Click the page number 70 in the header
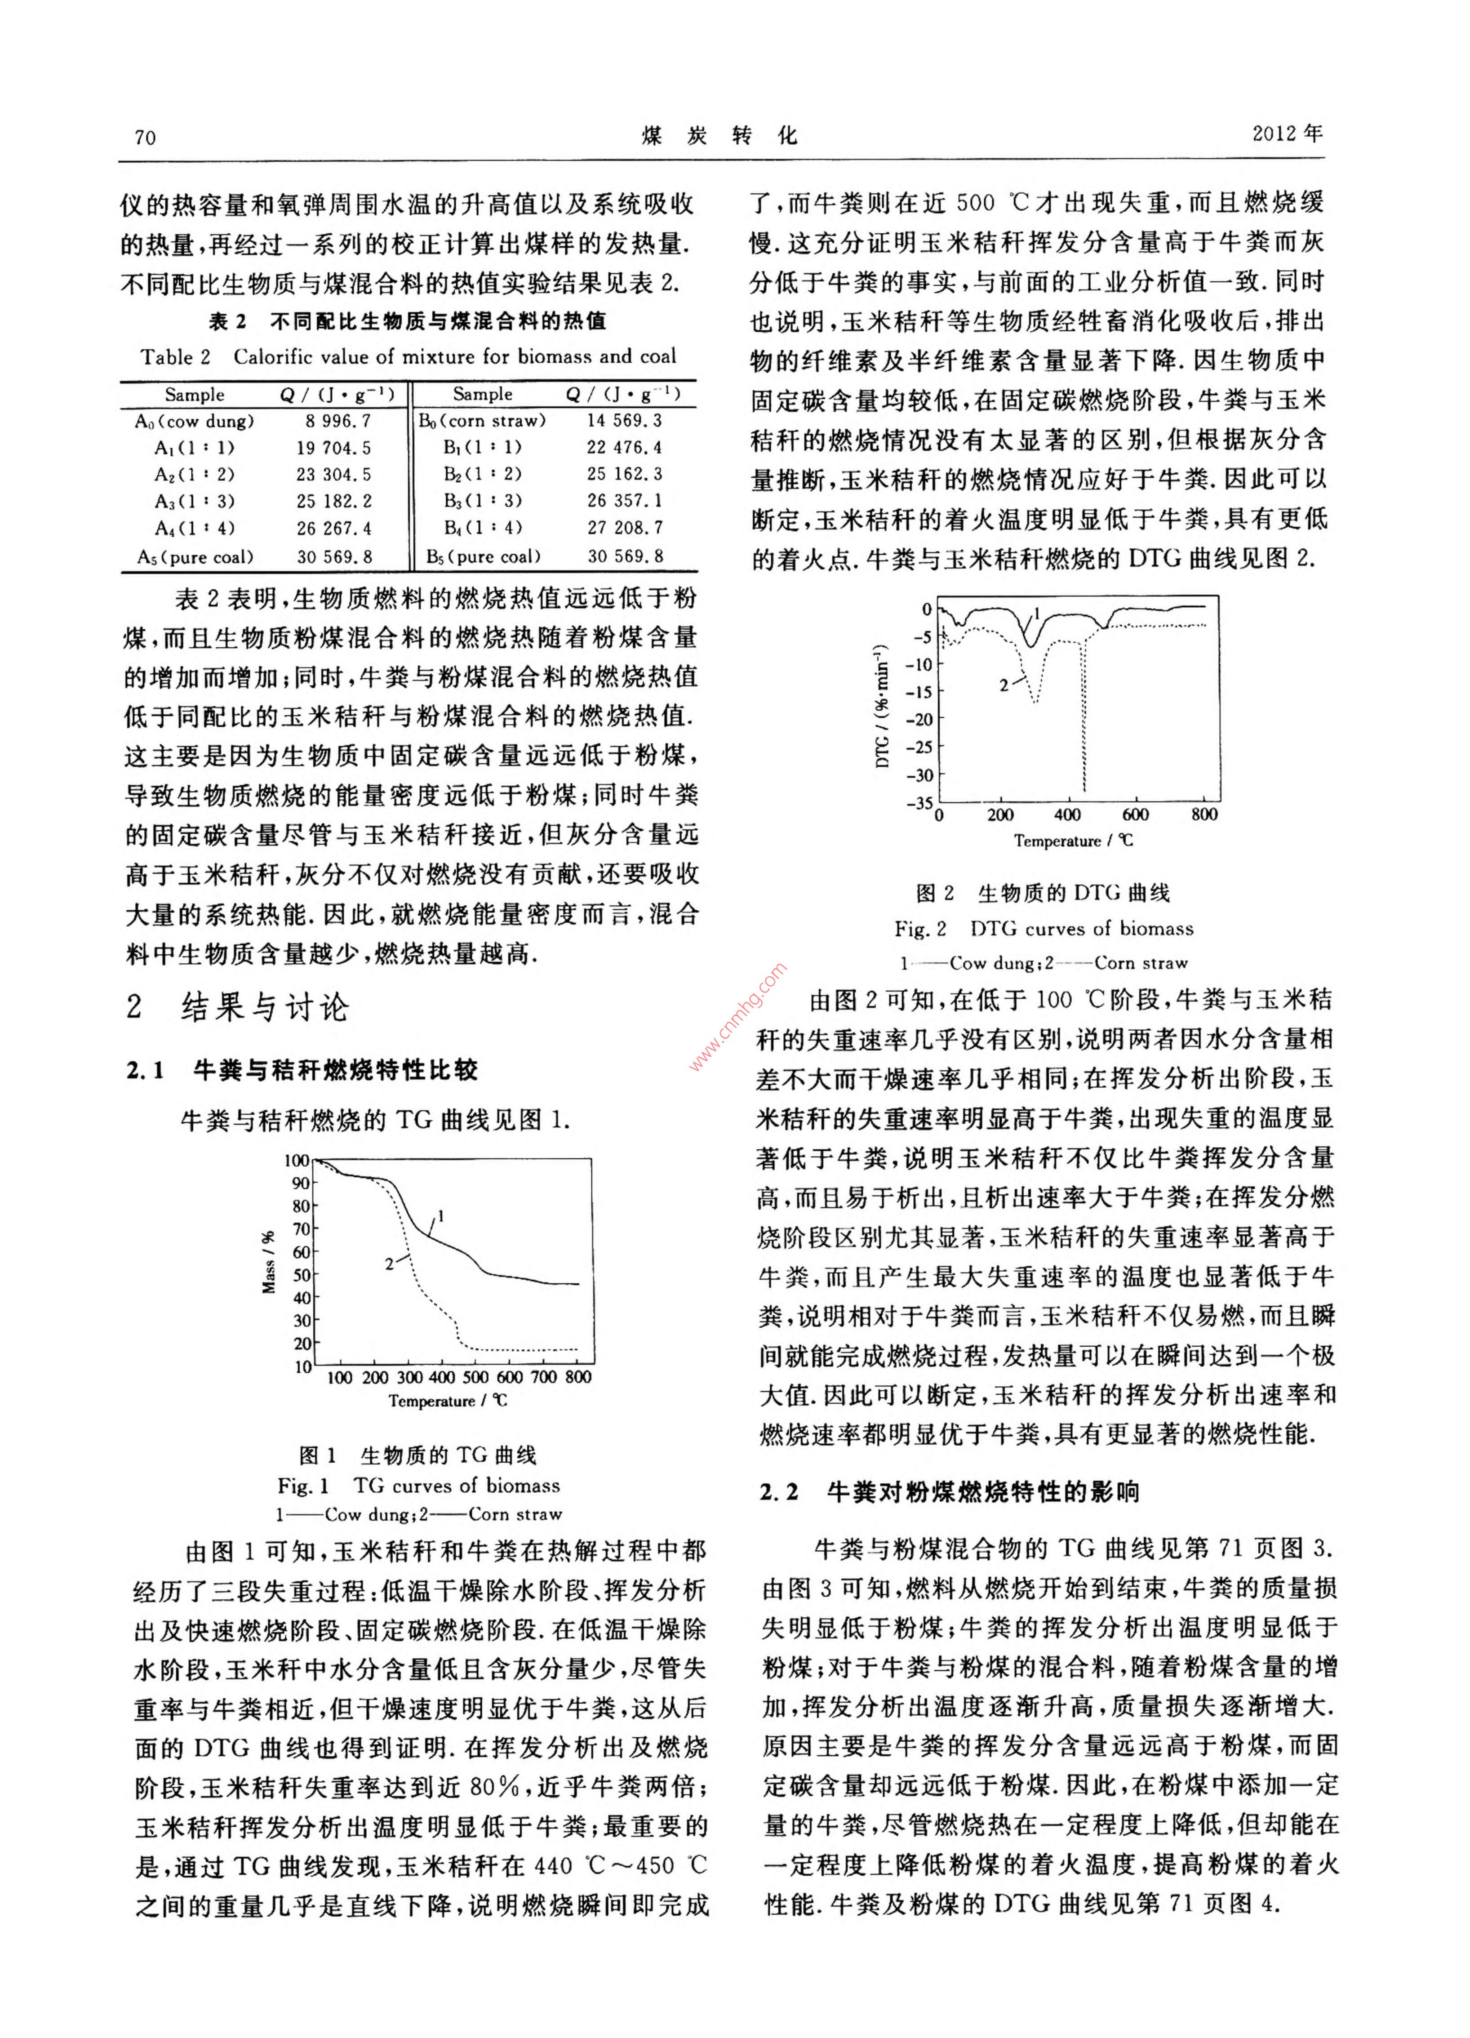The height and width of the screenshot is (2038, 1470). (x=145, y=138)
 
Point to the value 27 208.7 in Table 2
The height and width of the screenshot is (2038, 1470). (x=625, y=528)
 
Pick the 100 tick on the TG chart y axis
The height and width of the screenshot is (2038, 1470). (x=297, y=1160)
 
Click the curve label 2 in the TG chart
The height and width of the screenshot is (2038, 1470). (x=389, y=1264)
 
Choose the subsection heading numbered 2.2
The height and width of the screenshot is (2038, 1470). (x=948, y=1493)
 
